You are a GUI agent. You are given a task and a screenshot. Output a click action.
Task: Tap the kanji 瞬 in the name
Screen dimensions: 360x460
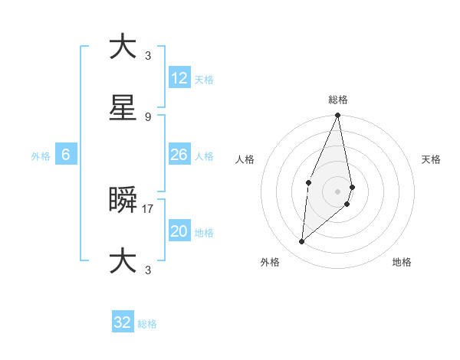click(123, 199)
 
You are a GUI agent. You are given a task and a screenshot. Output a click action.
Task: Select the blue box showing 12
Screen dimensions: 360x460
click(179, 78)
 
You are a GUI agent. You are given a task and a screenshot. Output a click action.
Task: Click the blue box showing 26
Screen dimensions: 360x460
click(179, 155)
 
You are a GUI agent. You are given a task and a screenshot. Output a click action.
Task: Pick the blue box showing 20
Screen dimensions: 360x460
click(179, 231)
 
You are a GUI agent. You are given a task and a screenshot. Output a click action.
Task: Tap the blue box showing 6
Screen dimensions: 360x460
click(66, 155)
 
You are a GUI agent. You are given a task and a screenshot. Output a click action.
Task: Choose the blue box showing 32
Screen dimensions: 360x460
click(123, 322)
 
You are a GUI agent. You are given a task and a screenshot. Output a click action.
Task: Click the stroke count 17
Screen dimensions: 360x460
click(148, 208)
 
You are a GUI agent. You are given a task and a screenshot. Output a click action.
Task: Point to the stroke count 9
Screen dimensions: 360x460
click(148, 116)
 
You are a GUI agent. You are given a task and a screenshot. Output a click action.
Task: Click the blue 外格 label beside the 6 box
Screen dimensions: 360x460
click(41, 156)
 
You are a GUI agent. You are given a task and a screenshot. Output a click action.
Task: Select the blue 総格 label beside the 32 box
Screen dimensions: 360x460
click(147, 324)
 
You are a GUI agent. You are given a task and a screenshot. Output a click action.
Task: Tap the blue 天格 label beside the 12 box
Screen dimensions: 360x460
click(204, 80)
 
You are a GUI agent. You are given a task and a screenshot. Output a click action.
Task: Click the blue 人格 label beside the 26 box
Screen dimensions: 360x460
click(204, 156)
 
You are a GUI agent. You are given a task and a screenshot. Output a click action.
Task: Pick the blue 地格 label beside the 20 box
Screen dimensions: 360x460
click(204, 233)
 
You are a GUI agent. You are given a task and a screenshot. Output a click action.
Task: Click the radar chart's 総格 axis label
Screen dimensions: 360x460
click(338, 100)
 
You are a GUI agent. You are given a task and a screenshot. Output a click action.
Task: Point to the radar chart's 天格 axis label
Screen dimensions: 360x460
click(432, 159)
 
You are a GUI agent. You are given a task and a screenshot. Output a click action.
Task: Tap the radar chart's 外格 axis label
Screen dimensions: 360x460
click(270, 262)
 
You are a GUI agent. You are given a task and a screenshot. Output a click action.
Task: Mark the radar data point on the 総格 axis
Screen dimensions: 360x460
click(338, 116)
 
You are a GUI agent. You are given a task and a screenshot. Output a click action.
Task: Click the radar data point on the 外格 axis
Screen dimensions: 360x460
click(302, 242)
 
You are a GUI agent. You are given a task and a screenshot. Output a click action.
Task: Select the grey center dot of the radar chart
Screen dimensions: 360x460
click(338, 191)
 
